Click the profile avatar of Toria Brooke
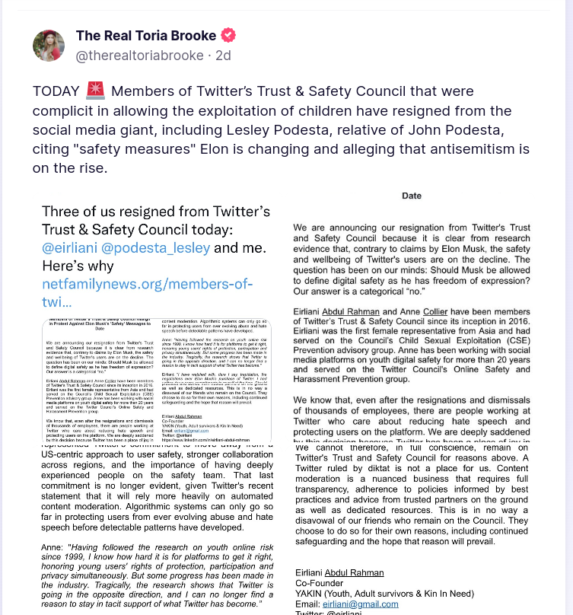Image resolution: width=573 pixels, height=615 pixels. pyautogui.click(x=49, y=46)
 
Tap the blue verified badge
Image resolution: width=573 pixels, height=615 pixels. pyautogui.click(x=228, y=36)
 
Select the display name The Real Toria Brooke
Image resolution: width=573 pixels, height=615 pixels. pyautogui.click(x=145, y=36)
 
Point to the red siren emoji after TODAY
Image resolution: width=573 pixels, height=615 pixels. pyautogui.click(x=95, y=92)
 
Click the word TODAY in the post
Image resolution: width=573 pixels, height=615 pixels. pyautogui.click(x=56, y=92)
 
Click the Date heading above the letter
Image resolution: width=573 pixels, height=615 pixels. pyautogui.click(x=412, y=196)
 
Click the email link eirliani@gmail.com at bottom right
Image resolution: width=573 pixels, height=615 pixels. pyautogui.click(x=362, y=604)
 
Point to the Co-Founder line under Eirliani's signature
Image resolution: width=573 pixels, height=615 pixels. pyautogui.click(x=320, y=583)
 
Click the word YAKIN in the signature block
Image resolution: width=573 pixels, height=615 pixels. pyautogui.click(x=310, y=594)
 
